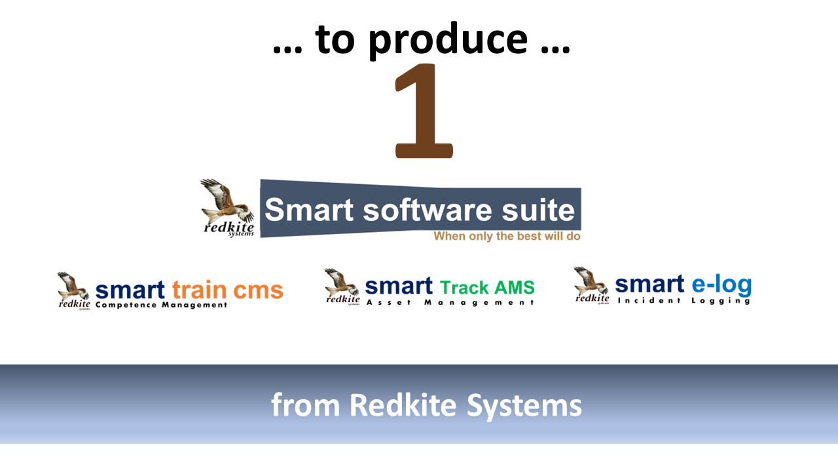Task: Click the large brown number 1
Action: click(x=424, y=111)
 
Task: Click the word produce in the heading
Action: click(x=448, y=41)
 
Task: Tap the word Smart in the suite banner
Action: click(x=309, y=210)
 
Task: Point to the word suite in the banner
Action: click(x=538, y=210)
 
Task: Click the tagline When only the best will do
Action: click(x=507, y=237)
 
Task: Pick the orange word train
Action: click(x=200, y=290)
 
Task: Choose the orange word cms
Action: click(x=258, y=291)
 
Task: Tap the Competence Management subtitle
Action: click(x=161, y=305)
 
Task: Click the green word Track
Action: click(x=464, y=288)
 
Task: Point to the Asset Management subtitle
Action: click(x=450, y=303)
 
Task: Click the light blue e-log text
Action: click(x=721, y=285)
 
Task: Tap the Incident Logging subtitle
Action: click(x=684, y=301)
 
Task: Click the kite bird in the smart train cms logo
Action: click(x=73, y=286)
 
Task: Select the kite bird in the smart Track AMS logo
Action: click(x=341, y=283)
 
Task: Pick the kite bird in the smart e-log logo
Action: click(x=591, y=281)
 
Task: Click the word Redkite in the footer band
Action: click(x=403, y=405)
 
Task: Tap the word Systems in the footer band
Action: click(x=524, y=407)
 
